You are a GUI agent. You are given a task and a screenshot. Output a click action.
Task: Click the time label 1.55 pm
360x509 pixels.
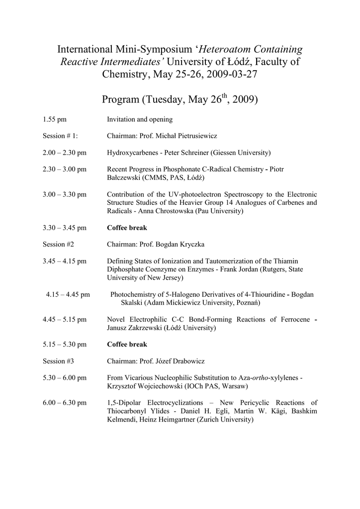point(55,119)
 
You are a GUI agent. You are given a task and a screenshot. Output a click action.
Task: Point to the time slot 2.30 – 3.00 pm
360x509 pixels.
point(65,169)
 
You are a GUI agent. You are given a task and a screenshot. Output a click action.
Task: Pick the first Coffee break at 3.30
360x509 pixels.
point(127,228)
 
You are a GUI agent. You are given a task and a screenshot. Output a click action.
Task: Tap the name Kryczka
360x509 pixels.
point(190,244)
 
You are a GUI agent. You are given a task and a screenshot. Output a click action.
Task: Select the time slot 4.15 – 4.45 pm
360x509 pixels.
point(68,294)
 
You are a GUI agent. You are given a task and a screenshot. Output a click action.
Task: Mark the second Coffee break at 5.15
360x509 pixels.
point(127,344)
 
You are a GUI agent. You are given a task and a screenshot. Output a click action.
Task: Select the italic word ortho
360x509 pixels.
point(261,378)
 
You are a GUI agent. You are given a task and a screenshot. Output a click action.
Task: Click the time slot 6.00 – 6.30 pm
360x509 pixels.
point(65,402)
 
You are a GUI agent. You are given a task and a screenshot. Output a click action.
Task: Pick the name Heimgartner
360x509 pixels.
point(175,420)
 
